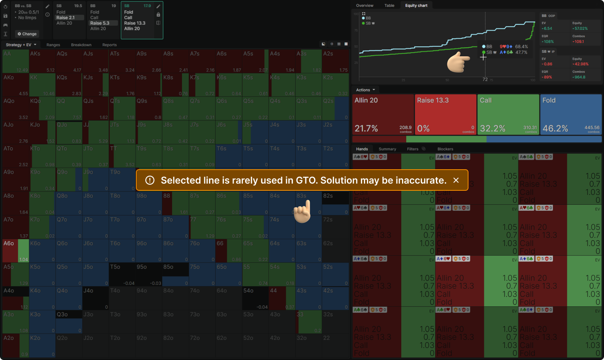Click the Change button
click(x=27, y=34)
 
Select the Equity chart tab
click(x=416, y=6)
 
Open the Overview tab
click(x=364, y=6)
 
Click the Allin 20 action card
click(x=383, y=114)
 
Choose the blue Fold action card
click(x=570, y=114)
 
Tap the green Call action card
click(x=508, y=114)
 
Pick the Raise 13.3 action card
click(x=445, y=114)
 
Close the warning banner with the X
click(x=456, y=180)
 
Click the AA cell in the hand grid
click(x=16, y=61)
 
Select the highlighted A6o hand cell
click(x=16, y=250)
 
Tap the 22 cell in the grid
click(x=336, y=345)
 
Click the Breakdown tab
click(x=81, y=45)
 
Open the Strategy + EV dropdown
click(x=21, y=45)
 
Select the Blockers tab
click(x=445, y=149)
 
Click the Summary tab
click(x=387, y=149)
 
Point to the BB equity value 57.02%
click(x=581, y=29)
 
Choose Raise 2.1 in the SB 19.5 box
click(x=66, y=18)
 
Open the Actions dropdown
click(x=365, y=90)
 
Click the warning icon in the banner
click(x=150, y=180)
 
